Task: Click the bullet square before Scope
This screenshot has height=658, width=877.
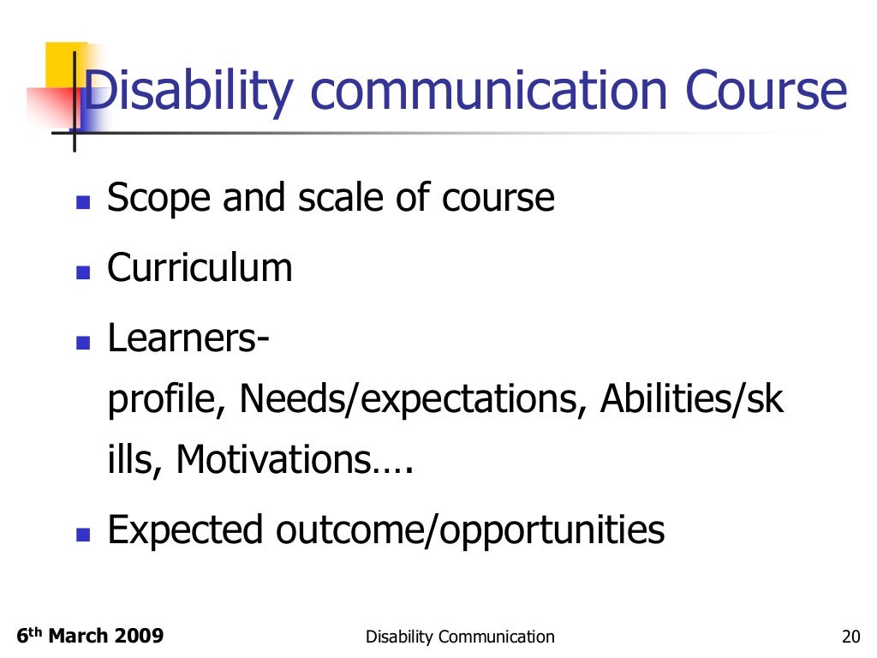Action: [x=83, y=204]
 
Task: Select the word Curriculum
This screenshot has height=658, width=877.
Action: [x=200, y=268]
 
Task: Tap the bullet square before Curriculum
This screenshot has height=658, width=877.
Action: [x=83, y=273]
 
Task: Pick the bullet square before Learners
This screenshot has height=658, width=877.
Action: [x=83, y=344]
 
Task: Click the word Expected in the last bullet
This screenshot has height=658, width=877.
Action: [x=186, y=530]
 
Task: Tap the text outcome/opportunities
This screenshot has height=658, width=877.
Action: [x=470, y=530]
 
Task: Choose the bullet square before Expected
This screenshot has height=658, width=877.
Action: [x=83, y=535]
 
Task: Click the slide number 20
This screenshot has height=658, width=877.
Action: [x=850, y=637]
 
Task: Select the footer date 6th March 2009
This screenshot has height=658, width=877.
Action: [x=90, y=636]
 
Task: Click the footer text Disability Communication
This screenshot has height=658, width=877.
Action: [x=460, y=637]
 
